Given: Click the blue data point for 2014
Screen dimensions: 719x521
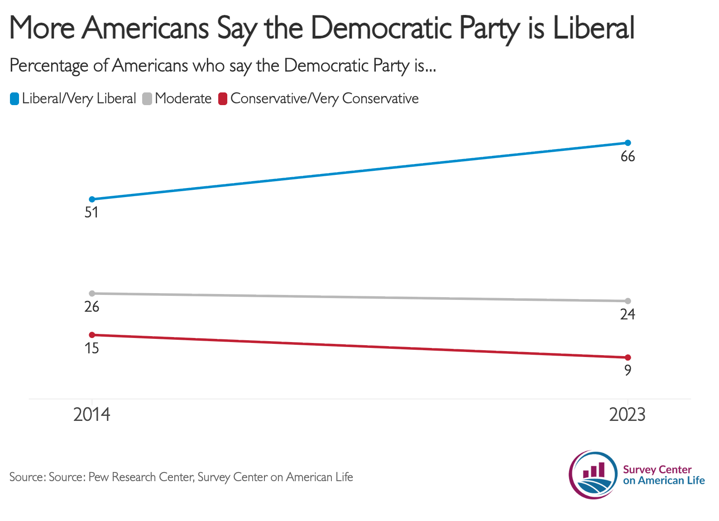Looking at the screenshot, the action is pos(92,199).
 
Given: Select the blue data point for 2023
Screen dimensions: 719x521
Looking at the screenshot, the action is pos(628,143).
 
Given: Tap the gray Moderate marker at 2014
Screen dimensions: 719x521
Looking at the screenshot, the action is pos(92,293).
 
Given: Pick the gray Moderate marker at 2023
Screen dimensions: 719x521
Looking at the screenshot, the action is pos(628,301).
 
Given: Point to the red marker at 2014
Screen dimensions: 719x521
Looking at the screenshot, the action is pos(92,335).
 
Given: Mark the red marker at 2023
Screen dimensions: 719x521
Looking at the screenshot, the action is pos(628,357).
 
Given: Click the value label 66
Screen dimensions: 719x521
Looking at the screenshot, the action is pos(628,156).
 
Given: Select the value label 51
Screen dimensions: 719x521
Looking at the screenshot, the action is pos(91,212).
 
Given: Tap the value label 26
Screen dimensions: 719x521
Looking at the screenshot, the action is pos(92,307).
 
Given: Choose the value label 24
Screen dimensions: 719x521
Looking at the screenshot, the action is pos(628,314).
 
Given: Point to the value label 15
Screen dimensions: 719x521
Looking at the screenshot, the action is pos(92,348).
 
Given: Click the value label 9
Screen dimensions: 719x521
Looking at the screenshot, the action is pos(628,370).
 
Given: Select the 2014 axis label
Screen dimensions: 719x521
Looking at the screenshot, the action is pos(92,415).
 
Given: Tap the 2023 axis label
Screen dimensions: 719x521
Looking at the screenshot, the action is pos(628,415).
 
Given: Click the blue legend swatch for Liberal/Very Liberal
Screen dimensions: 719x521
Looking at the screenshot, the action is pos(14,99).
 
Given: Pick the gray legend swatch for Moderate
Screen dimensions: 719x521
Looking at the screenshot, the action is pos(147,99).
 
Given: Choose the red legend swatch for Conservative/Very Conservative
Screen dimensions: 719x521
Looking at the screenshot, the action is pos(223,99).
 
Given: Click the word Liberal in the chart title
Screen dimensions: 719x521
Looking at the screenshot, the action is pos(594,28).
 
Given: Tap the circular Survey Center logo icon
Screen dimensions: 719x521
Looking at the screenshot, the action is pos(593,475).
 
